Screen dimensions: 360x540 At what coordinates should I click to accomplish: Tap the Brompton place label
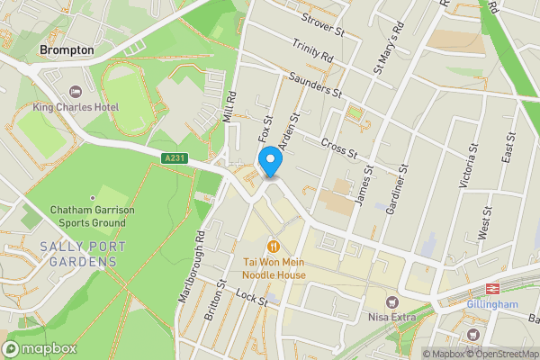(x=67, y=51)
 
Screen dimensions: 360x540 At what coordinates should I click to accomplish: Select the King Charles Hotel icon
(x=75, y=92)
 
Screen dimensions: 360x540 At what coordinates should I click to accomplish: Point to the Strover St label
(x=324, y=24)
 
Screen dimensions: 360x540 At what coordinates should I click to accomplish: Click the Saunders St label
(x=311, y=84)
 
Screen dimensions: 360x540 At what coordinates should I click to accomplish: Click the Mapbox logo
(x=40, y=348)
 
